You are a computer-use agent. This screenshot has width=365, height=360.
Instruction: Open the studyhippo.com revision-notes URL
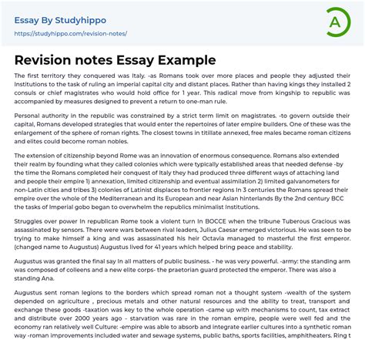(x=71, y=34)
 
